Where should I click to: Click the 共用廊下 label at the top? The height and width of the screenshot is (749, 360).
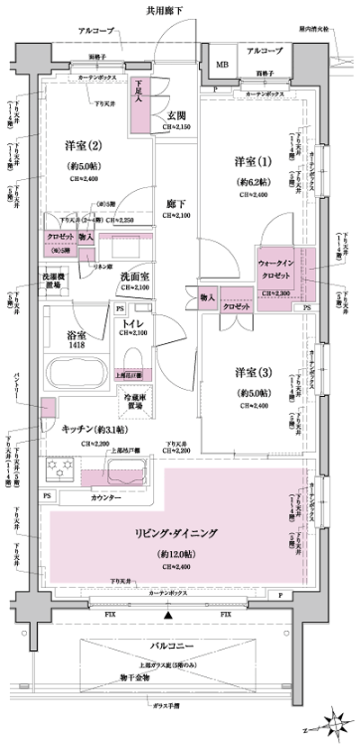click(170, 11)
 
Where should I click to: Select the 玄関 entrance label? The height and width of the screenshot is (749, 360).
click(175, 117)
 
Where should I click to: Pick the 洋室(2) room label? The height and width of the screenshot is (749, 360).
click(82, 146)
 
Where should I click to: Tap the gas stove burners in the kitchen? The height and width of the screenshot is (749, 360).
click(65, 470)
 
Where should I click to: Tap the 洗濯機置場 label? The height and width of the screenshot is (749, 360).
click(52, 281)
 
